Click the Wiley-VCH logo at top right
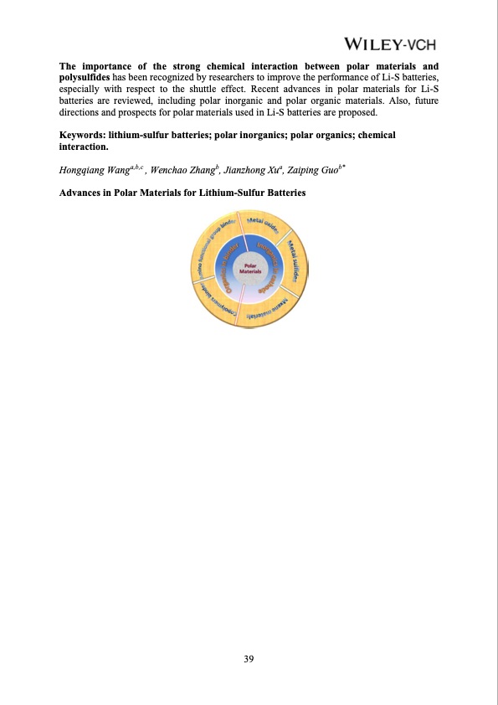tap(390, 44)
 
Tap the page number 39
tap(249, 661)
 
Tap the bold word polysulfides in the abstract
tap(85, 76)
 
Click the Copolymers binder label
tap(222, 312)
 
